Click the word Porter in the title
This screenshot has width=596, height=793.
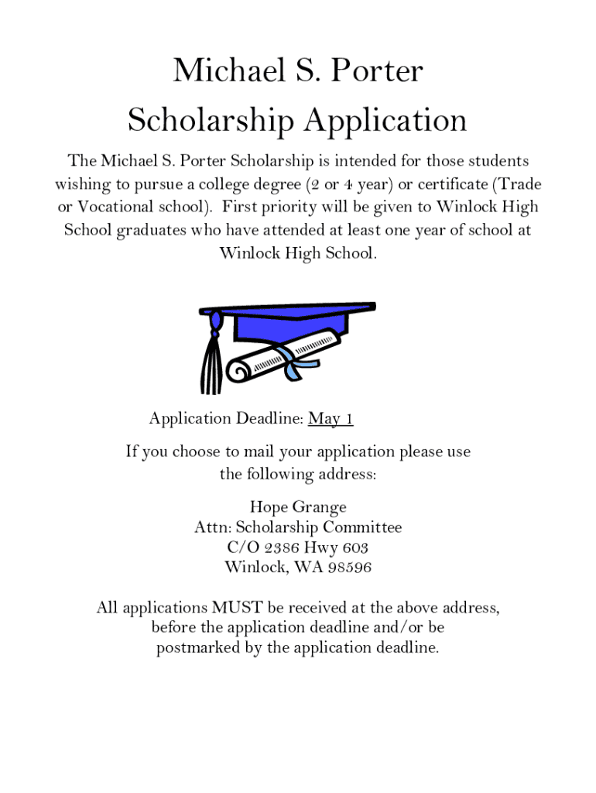coord(378,71)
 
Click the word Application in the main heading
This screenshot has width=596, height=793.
coord(384,120)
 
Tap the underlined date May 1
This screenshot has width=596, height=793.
coord(331,419)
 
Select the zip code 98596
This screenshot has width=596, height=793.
coord(350,568)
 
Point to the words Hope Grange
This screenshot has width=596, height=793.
coord(298,507)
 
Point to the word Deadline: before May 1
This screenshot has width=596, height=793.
coord(269,419)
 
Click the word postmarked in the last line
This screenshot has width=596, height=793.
coord(198,648)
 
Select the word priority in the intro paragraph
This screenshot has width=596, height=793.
coord(289,208)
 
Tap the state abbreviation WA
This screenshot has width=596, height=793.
coord(310,568)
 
